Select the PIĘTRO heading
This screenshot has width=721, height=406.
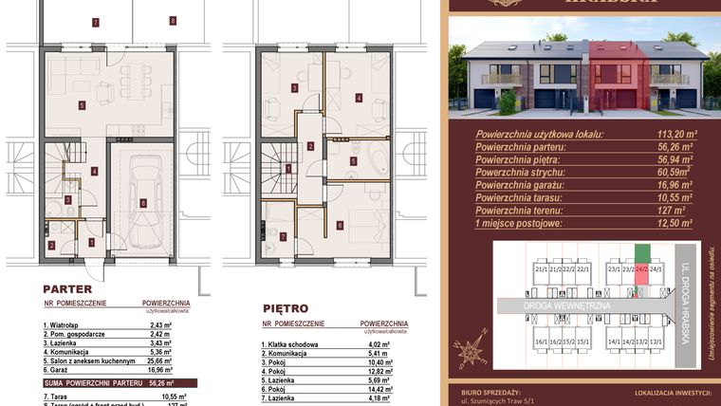tap(285, 308)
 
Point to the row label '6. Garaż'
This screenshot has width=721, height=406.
tap(63, 370)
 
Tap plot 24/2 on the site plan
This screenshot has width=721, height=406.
tap(641, 269)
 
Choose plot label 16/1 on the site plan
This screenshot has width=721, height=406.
tap(542, 341)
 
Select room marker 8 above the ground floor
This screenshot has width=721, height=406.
tap(172, 20)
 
